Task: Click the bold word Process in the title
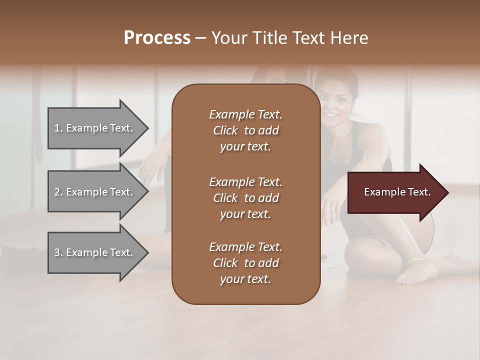pos(157,38)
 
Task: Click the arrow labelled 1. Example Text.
pos(95,128)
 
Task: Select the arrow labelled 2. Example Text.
pos(95,192)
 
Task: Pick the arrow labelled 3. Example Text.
pos(95,252)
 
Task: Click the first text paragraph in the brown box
pos(245,130)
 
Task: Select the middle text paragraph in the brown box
pos(245,197)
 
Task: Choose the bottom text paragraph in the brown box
pos(245,263)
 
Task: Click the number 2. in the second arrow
pos(58,192)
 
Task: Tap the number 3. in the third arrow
pos(58,252)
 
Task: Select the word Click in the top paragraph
pos(225,130)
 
